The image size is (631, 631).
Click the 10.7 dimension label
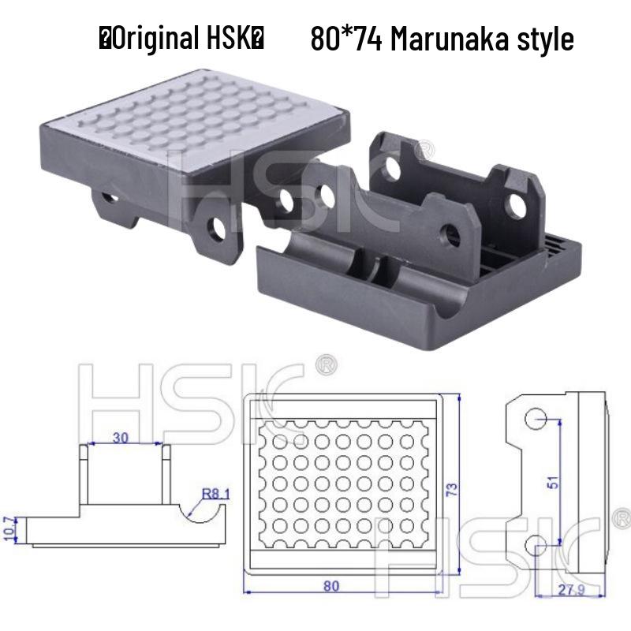pos(9,530)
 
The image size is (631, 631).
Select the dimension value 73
pos(452,489)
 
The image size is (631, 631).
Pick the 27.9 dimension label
pos(587,591)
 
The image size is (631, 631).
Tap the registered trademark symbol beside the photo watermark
pos(424,147)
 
